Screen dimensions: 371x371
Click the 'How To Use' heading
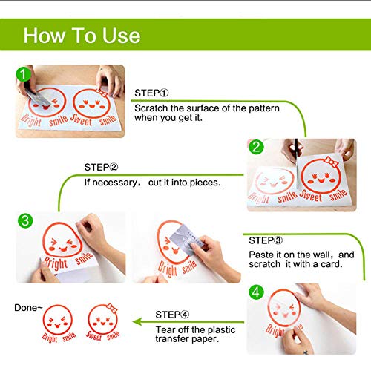point(82,36)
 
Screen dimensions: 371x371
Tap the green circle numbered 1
point(23,74)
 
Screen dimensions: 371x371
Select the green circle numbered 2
point(256,147)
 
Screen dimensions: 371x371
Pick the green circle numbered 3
point(25,220)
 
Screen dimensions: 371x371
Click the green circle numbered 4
point(256,292)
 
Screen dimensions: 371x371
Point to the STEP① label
point(151,93)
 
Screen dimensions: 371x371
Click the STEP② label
point(101,168)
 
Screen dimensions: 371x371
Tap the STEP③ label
point(266,240)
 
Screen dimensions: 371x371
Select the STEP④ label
point(172,315)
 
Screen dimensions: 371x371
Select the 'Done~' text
point(28,308)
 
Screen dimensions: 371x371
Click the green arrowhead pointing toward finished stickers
point(137,322)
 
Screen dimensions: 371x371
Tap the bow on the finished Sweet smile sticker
point(112,308)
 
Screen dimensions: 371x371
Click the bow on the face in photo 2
point(332,162)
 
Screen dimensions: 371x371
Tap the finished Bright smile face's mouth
point(57,326)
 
